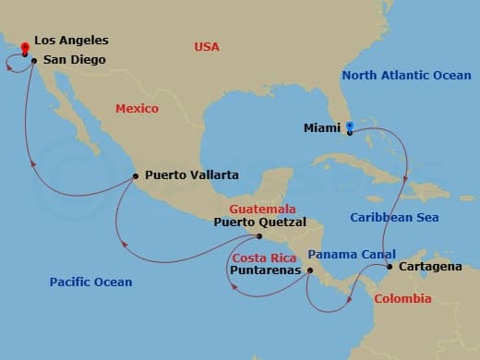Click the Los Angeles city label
[x=71, y=41]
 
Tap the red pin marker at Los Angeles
[x=25, y=45]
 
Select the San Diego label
[x=74, y=60]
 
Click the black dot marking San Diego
[x=33, y=61]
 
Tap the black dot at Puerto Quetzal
[x=260, y=236]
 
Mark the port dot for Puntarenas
[x=310, y=270]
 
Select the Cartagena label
[x=431, y=267]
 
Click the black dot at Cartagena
[x=390, y=267]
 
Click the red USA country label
[x=208, y=46]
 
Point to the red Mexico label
[x=137, y=109]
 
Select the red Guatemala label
[x=262, y=209]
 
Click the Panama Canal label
[x=352, y=254]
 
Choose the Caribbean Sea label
[x=393, y=218]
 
